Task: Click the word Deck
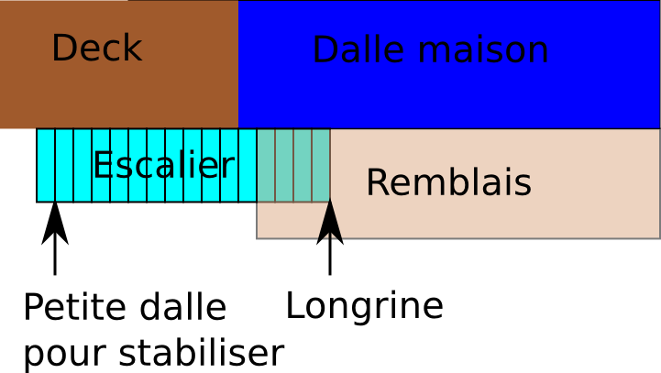tap(97, 48)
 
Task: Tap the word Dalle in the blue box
tap(358, 49)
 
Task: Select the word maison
tap(483, 50)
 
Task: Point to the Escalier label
tap(163, 164)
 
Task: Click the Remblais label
tap(449, 182)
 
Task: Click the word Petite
tap(74, 307)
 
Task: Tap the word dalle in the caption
tap(183, 307)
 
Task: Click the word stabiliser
tap(202, 352)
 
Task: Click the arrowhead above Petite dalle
tap(55, 224)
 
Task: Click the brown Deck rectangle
tap(119, 64)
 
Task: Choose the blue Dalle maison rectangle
tap(449, 64)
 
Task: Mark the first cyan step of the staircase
tap(46, 166)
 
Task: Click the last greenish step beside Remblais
tap(321, 166)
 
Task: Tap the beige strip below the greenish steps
tap(293, 221)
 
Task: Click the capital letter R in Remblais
tap(376, 182)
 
